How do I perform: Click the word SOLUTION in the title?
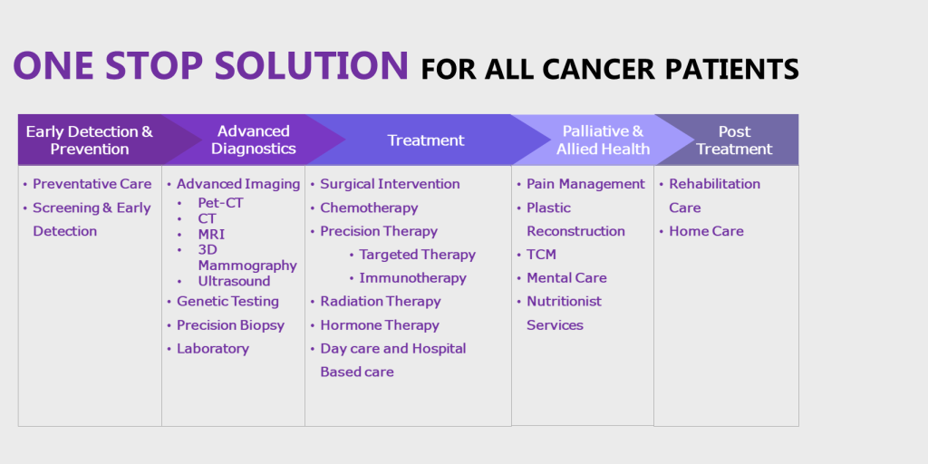[x=312, y=64]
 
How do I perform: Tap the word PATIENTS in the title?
[x=732, y=69]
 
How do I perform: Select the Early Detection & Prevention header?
[x=90, y=140]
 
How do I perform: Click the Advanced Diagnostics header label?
[x=254, y=140]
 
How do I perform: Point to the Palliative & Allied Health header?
[x=603, y=140]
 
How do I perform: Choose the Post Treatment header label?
[x=734, y=140]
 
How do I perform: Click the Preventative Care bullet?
[x=92, y=184]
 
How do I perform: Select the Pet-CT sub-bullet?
[x=221, y=203]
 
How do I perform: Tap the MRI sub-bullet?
[x=211, y=235]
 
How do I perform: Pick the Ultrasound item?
[x=234, y=281]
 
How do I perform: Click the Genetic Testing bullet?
[x=227, y=301]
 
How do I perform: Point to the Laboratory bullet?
[x=212, y=349]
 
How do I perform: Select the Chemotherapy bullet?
[x=369, y=208]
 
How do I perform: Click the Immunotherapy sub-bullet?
[x=412, y=278]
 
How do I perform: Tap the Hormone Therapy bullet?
[x=380, y=325]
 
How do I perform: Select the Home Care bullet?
[x=706, y=231]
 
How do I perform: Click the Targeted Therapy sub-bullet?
[x=417, y=255]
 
